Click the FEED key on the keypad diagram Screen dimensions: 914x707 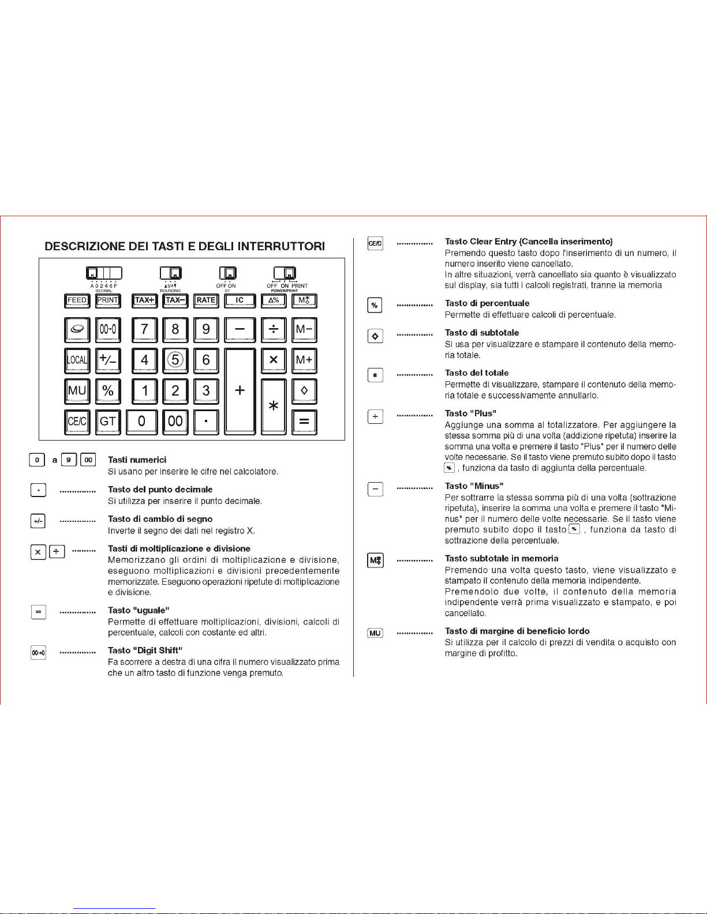click(x=77, y=300)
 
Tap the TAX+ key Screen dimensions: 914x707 click(x=144, y=300)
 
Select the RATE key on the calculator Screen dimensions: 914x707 click(x=206, y=300)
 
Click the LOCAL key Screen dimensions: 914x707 click(x=77, y=360)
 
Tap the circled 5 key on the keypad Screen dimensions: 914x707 click(x=175, y=360)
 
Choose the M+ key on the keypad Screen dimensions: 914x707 click(x=304, y=360)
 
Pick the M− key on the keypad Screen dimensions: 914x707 click(x=304, y=329)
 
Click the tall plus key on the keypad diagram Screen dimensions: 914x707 click(x=240, y=390)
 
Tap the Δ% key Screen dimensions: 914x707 click(x=274, y=300)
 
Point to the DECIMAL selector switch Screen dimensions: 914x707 click(x=104, y=273)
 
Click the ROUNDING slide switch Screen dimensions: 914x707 click(x=171, y=273)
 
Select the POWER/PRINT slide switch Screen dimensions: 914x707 click(x=285, y=273)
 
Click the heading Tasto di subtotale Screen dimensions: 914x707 click(x=481, y=333)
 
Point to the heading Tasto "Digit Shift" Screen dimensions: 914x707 click(x=145, y=650)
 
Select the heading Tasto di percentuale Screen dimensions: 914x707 click(x=487, y=303)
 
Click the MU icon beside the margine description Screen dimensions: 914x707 click(x=375, y=633)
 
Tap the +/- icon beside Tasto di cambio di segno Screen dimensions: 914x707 click(x=38, y=521)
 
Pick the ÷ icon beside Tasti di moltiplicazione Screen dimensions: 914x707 click(x=57, y=552)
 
